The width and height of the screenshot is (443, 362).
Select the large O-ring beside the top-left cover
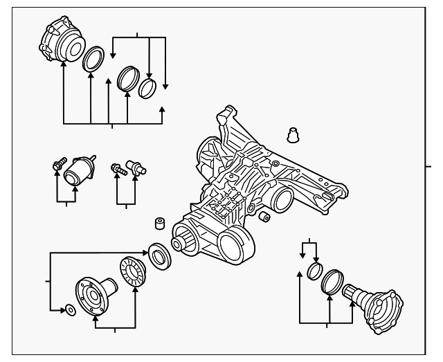[93, 59]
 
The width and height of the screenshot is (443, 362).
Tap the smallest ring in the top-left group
[147, 88]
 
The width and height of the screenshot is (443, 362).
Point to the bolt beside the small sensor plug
[118, 168]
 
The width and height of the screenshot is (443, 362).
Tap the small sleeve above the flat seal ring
[159, 224]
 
